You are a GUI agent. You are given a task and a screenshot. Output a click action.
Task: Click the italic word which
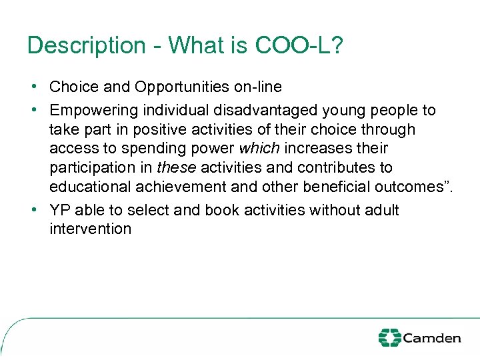259,148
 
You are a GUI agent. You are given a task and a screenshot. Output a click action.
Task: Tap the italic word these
176,167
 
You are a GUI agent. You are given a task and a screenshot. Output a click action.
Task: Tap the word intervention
91,229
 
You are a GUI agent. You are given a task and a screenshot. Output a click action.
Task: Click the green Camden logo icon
389,337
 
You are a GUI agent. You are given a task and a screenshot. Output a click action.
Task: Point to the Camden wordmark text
431,338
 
